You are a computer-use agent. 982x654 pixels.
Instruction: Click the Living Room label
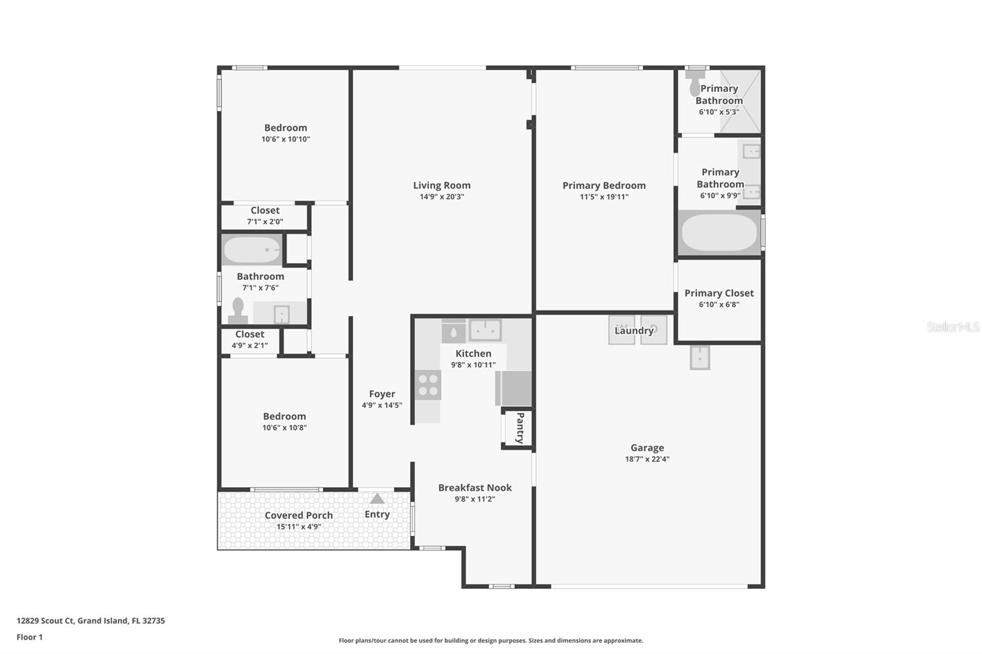(441, 185)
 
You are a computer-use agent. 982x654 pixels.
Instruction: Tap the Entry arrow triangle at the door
(377, 499)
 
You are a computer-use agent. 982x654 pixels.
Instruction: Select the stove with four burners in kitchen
(428, 385)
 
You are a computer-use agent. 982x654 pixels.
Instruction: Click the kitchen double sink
(485, 330)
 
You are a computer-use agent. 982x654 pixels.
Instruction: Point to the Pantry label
(519, 428)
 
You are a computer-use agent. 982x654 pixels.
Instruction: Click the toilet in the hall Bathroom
(238, 310)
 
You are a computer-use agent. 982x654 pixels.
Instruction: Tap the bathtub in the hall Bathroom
(252, 250)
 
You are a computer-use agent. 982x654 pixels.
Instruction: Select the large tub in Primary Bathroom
(719, 232)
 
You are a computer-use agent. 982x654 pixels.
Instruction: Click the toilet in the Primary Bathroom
(695, 82)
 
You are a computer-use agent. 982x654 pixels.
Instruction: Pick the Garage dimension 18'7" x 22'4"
(647, 459)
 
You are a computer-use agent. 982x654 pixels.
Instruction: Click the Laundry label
(634, 331)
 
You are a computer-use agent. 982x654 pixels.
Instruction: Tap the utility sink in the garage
(700, 358)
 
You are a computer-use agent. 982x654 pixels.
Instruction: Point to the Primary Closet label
(719, 293)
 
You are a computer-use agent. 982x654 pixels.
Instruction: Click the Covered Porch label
(299, 515)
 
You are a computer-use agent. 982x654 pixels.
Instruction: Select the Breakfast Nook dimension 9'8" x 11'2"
(474, 499)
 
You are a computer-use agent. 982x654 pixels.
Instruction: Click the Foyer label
(382, 394)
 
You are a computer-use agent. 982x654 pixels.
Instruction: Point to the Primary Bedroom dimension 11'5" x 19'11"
(604, 197)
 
